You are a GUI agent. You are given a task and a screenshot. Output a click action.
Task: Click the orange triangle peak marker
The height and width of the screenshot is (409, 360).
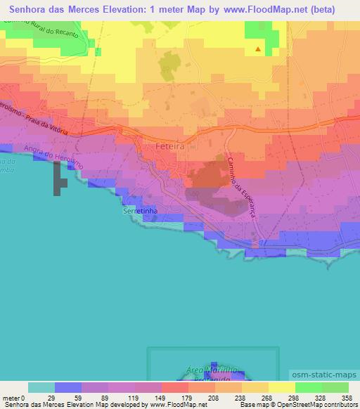[x=259, y=49]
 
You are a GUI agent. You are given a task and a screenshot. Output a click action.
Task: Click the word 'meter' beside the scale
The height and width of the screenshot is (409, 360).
[x=9, y=397]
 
